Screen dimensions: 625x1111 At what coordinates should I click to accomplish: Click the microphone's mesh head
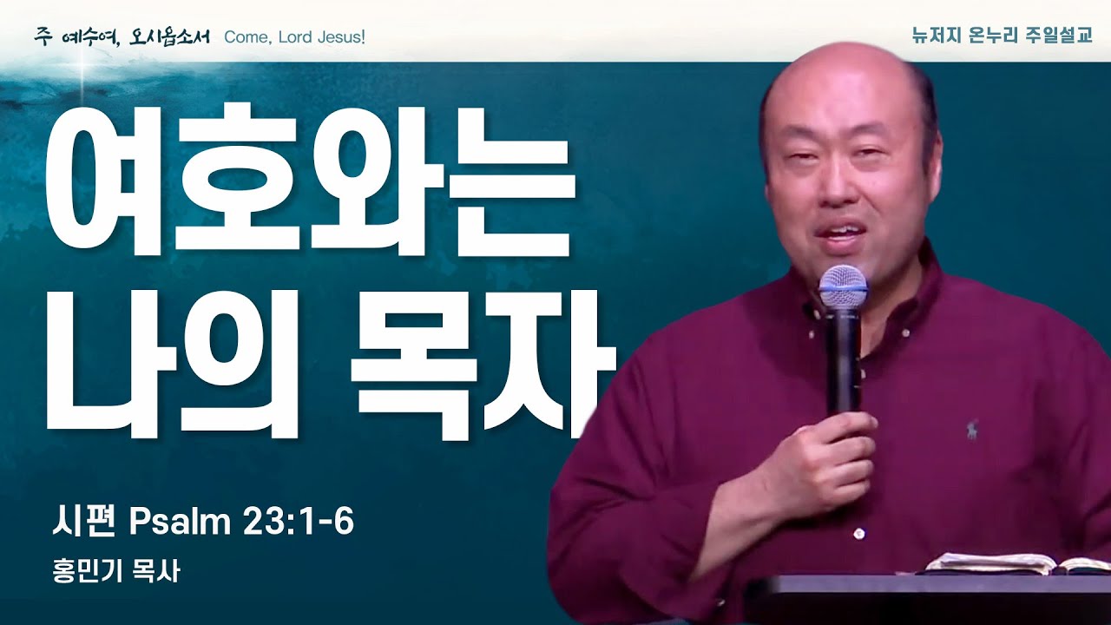[x=843, y=286]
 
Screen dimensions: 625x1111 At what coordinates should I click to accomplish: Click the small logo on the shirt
[x=970, y=427]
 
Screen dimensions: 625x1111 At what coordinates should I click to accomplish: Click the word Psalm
[x=174, y=523]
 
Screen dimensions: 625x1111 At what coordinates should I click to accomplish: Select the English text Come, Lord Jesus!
[x=294, y=38]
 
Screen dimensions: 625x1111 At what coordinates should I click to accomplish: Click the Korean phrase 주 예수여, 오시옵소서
[x=122, y=38]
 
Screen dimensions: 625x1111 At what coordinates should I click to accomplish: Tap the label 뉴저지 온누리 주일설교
[x=1002, y=37]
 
